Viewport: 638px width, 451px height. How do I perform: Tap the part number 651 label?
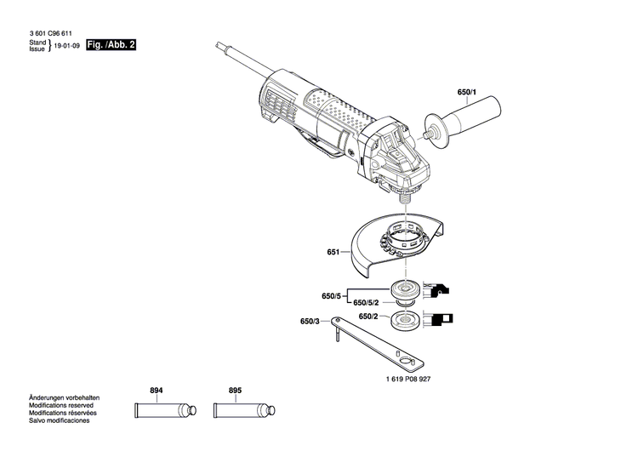(x=333, y=253)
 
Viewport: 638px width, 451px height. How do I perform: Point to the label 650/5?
(x=331, y=296)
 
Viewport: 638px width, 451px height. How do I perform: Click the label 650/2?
(x=368, y=317)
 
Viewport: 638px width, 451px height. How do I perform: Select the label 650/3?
(x=310, y=322)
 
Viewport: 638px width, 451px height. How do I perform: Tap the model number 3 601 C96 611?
(x=48, y=32)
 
